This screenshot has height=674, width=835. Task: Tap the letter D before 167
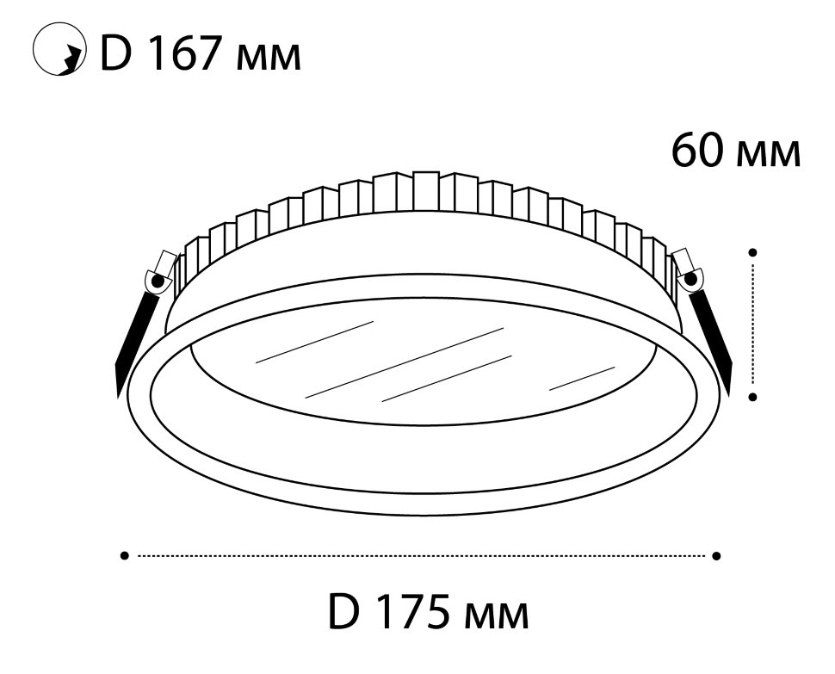pyautogui.click(x=115, y=53)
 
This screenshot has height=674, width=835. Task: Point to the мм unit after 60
pyautogui.click(x=767, y=155)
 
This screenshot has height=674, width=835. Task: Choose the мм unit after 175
pyautogui.click(x=496, y=616)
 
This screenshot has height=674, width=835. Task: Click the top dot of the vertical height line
pyautogui.click(x=752, y=252)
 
